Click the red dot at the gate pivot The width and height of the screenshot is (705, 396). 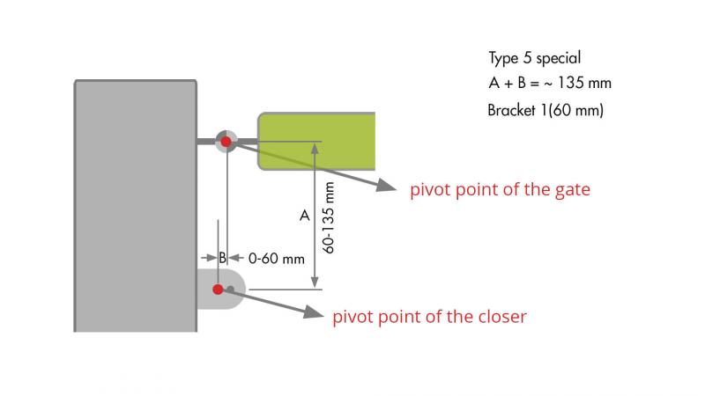[x=226, y=141]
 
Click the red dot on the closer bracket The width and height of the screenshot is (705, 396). [x=217, y=289]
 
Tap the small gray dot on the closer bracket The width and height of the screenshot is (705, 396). [x=230, y=289]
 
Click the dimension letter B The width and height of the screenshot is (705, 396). [x=223, y=259]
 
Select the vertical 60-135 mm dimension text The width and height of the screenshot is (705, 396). [x=329, y=218]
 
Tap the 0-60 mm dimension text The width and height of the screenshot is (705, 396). [x=276, y=259]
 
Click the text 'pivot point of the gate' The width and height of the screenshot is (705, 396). [x=500, y=190]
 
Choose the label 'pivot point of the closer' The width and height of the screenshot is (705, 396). [x=429, y=317]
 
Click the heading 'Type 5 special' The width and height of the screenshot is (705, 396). [x=535, y=58]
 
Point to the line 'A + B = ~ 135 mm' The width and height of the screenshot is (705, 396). [x=549, y=84]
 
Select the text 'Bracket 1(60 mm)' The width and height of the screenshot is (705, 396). [x=545, y=111]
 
